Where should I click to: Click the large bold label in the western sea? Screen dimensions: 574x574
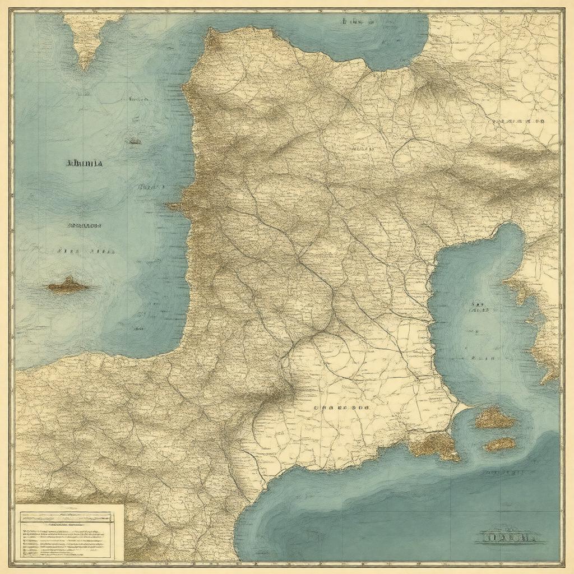pos(85,164)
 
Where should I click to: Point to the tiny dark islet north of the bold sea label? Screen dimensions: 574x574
pos(133,141)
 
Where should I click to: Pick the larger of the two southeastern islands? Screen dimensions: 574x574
pos(494,418)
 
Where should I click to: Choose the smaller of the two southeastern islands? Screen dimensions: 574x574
pos(499,444)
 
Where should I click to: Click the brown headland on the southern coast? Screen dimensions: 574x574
pos(434,445)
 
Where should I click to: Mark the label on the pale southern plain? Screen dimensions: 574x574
pos(341,409)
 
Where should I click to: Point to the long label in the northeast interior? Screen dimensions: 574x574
pos(519,121)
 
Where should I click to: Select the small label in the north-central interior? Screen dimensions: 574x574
pos(362,150)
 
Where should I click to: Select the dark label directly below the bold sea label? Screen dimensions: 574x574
pos(84,226)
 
